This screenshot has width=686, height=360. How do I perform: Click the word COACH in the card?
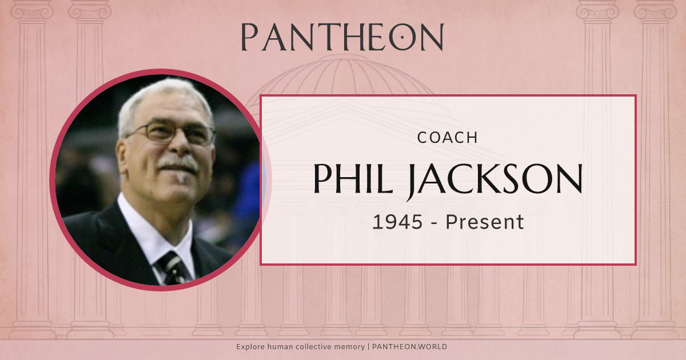[448, 138]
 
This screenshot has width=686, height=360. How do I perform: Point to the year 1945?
[397, 222]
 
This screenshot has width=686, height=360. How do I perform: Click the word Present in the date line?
[485, 222]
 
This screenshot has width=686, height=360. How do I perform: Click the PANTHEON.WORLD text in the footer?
[409, 347]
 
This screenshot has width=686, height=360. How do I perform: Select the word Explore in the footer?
[250, 347]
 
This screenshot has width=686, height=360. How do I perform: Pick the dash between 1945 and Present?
[433, 223]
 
